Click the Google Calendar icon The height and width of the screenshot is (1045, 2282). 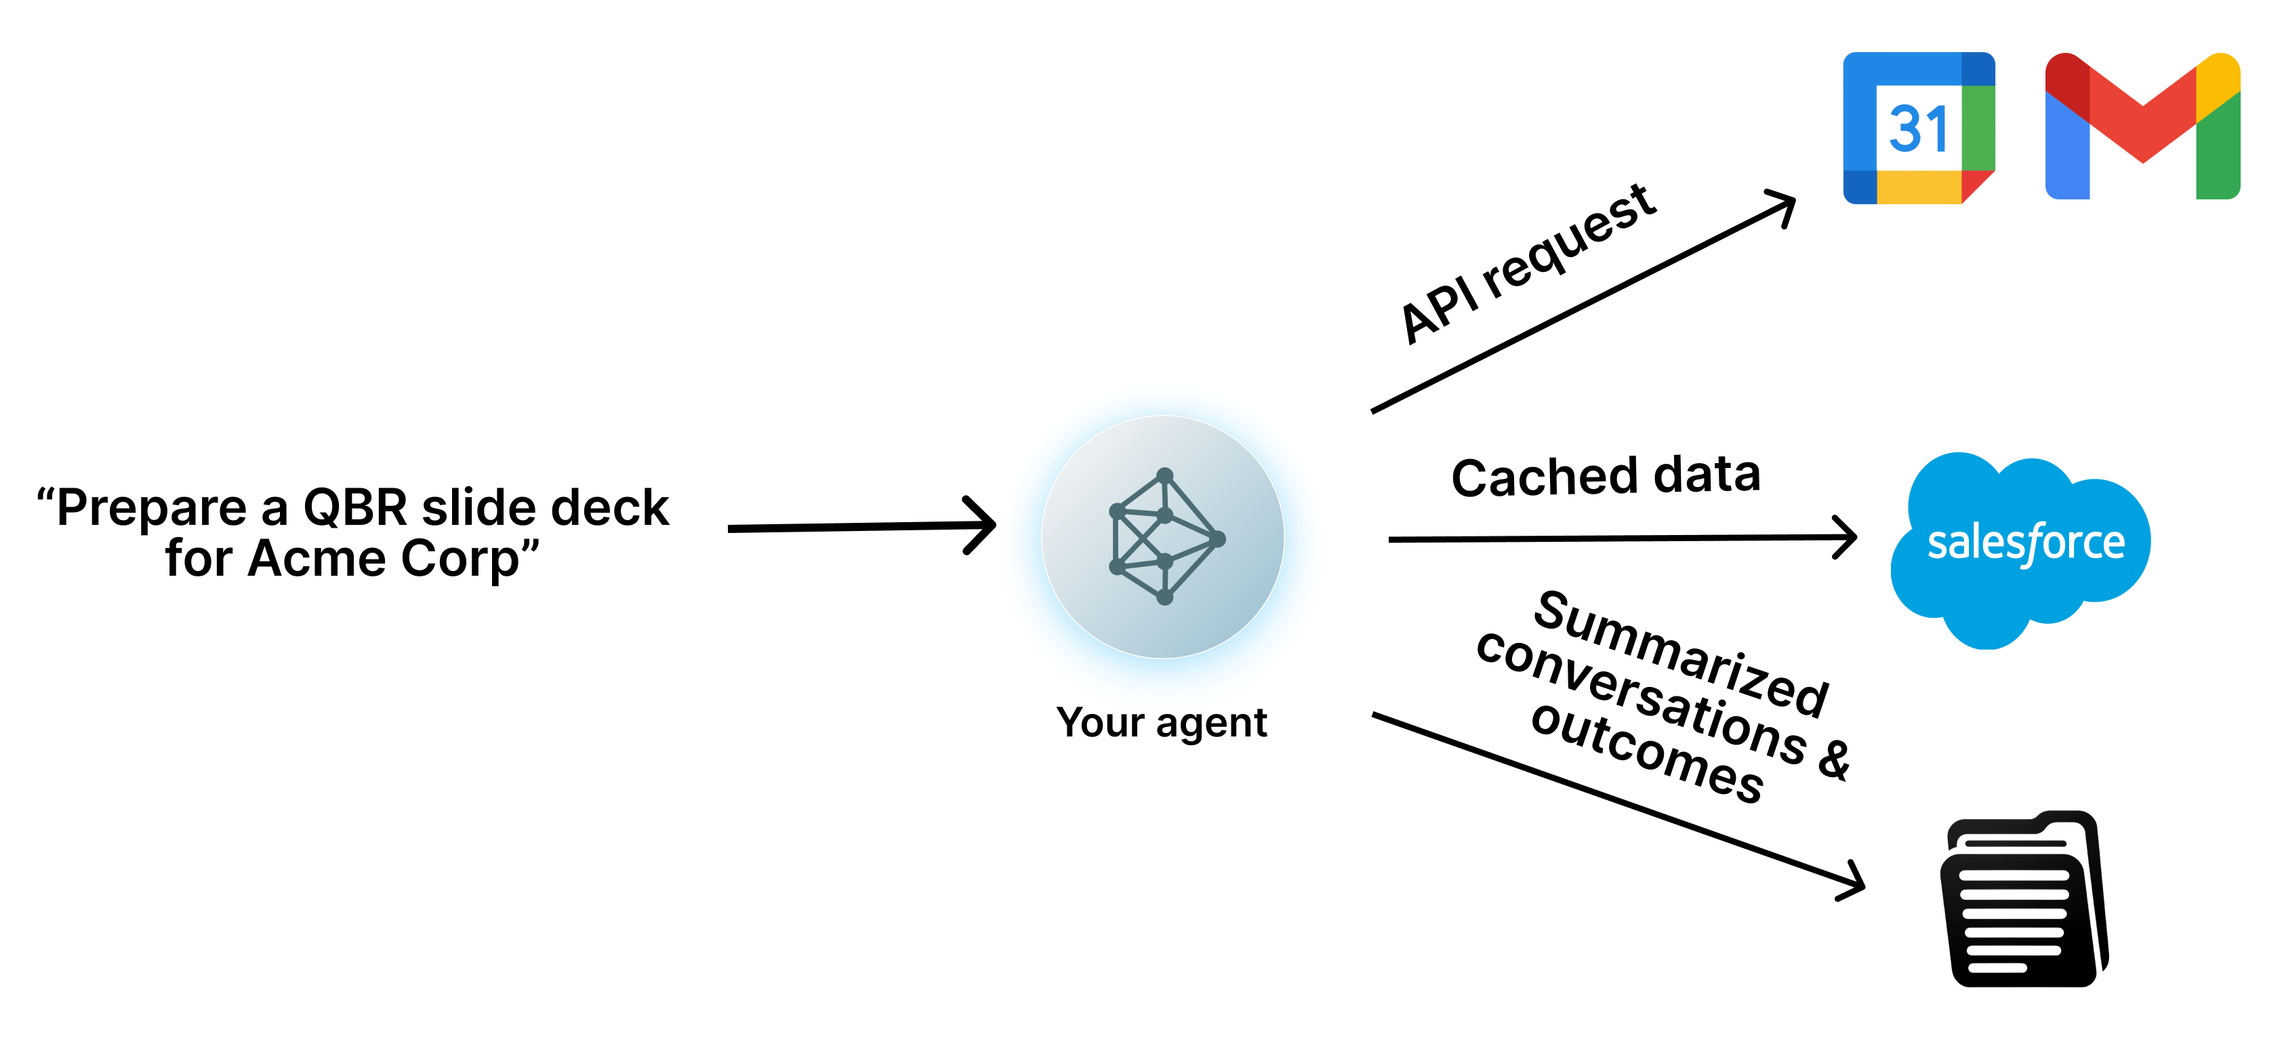1918,127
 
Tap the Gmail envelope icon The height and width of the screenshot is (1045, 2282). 2141,126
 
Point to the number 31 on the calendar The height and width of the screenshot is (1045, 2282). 1918,130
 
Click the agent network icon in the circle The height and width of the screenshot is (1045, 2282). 1164,537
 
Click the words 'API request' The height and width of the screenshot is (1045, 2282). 1528,262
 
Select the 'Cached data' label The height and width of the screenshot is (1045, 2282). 1605,476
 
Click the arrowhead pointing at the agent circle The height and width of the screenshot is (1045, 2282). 983,526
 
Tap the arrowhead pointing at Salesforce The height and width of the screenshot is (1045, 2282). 1846,537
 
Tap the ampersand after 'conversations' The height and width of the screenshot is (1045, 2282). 1835,760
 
